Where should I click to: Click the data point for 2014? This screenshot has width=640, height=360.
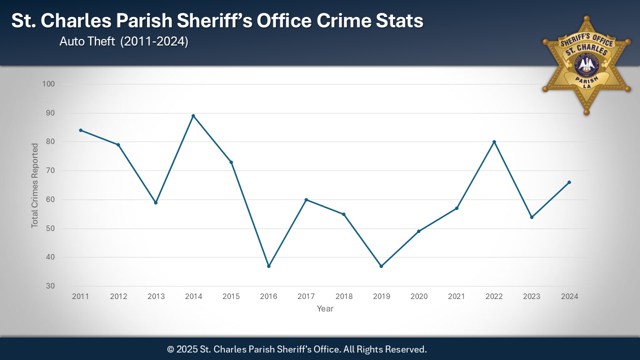pos(193,116)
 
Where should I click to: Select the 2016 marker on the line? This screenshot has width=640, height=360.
pos(268,266)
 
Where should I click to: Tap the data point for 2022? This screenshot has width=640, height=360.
pos(494,142)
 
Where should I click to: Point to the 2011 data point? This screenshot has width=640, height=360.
pos(80,130)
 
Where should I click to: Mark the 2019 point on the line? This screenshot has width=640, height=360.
pos(381,266)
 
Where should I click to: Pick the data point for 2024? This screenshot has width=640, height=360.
pos(569,182)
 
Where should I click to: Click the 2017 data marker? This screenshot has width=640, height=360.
pos(306,200)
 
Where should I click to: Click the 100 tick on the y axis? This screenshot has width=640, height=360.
pos(48,84)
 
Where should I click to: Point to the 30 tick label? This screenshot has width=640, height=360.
pos(50,286)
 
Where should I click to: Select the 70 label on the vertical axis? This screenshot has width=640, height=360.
pos(50,170)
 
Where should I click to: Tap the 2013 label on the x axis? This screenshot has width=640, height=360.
pos(156,296)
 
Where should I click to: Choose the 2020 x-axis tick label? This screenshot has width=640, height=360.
pos(419,296)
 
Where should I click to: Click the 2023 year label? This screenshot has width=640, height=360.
pos(531,296)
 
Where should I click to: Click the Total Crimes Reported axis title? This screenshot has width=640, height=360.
pos(35,185)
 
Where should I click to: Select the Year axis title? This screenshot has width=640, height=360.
pos(325,309)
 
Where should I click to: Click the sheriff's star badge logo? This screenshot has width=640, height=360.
pos(586,65)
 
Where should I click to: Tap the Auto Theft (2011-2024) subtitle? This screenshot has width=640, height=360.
pos(123,42)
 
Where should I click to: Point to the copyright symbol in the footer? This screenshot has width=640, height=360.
pos(170,349)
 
